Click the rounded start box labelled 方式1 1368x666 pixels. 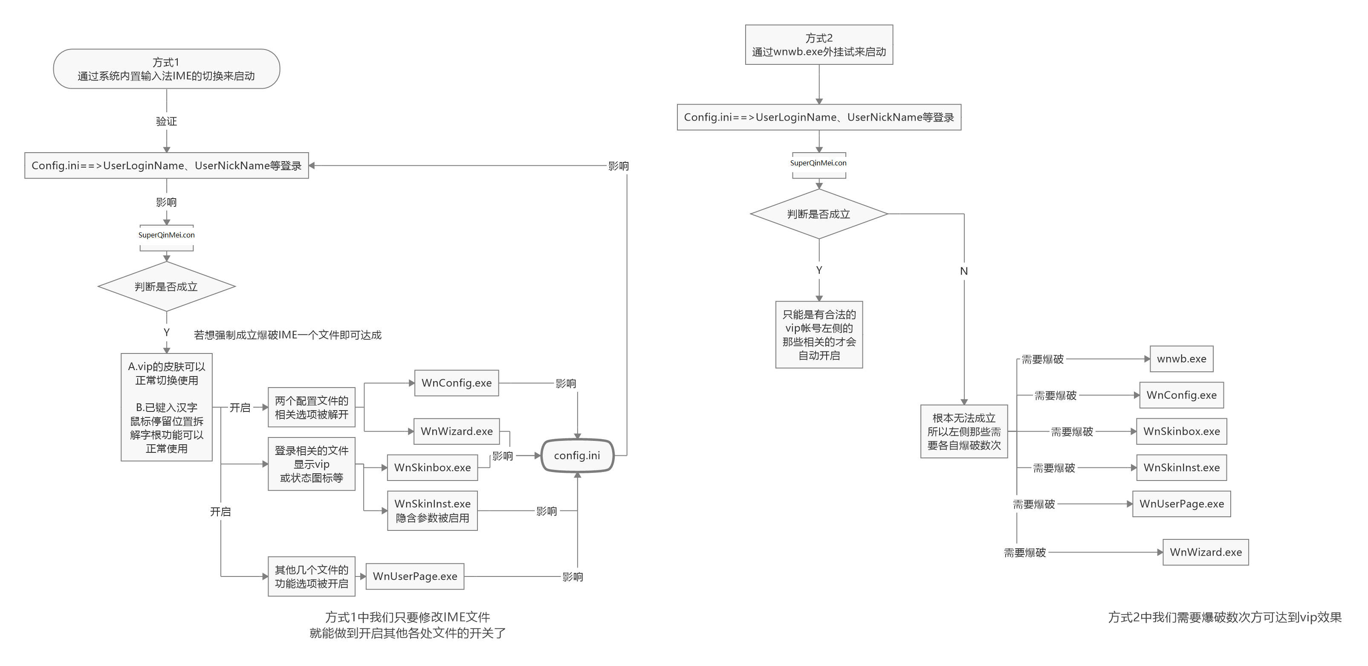point(166,69)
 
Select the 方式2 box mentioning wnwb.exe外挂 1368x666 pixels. point(818,45)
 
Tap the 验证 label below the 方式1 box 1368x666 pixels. point(166,121)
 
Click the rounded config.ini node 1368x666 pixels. point(577,455)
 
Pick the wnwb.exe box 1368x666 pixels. point(1181,359)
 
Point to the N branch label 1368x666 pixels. point(963,271)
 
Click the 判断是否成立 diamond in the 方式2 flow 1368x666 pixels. point(818,214)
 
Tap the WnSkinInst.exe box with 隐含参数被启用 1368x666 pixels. point(432,510)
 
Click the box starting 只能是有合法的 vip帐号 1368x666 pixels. point(818,335)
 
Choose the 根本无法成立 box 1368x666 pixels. point(963,431)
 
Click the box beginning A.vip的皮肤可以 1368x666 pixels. point(166,407)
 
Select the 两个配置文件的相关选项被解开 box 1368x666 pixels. point(311,407)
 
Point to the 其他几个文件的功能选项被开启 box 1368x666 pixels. point(311,576)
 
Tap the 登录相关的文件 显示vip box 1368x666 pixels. point(311,463)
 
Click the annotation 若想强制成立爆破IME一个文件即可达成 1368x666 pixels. point(287,335)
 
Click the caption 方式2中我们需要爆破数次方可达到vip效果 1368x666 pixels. point(1225,617)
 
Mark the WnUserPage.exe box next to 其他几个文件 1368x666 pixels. point(415,576)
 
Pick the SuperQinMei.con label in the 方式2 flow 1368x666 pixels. point(818,163)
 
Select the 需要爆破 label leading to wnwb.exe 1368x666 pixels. point(1042,359)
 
